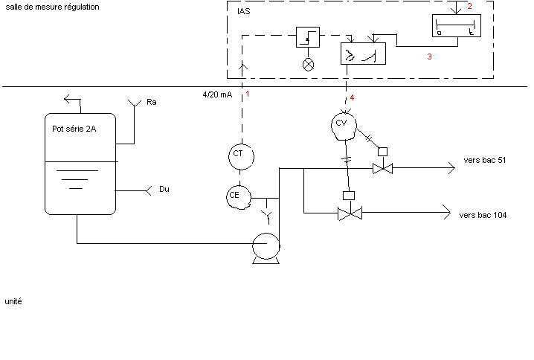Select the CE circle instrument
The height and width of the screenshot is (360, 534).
(x=237, y=196)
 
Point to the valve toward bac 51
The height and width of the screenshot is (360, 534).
(x=383, y=169)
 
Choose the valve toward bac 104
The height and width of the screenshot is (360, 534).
(x=347, y=213)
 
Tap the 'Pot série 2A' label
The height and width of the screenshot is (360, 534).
(x=74, y=129)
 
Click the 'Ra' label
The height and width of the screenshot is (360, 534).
(x=152, y=101)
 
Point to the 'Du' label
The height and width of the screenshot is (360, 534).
(x=164, y=190)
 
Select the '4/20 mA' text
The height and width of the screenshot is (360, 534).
(x=217, y=95)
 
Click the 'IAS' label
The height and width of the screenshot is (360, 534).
(x=243, y=12)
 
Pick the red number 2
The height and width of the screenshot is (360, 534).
(x=469, y=7)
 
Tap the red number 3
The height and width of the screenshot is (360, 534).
(x=429, y=56)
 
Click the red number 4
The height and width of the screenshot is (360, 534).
(x=353, y=97)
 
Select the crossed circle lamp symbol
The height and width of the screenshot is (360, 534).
(x=308, y=64)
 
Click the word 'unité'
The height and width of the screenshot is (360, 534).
(x=13, y=302)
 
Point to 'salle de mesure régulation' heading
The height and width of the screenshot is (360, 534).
(x=52, y=7)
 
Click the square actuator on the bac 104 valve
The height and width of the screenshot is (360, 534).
(x=347, y=196)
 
